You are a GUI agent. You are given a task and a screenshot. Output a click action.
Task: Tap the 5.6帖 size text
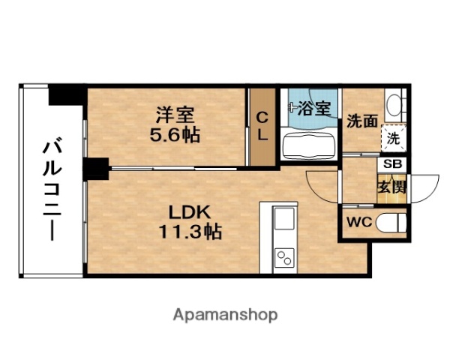click(x=175, y=136)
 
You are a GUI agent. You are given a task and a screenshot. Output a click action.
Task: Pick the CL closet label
click(x=262, y=127)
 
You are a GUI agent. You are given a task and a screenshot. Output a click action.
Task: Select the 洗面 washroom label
click(x=361, y=121)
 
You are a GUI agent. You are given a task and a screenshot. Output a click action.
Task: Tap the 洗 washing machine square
click(x=393, y=137)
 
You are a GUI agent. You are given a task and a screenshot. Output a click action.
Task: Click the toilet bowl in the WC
click(x=391, y=223)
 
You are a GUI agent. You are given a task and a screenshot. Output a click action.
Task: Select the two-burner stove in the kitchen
click(x=285, y=258)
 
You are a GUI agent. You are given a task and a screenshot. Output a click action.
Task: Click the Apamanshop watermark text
click(x=226, y=315)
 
